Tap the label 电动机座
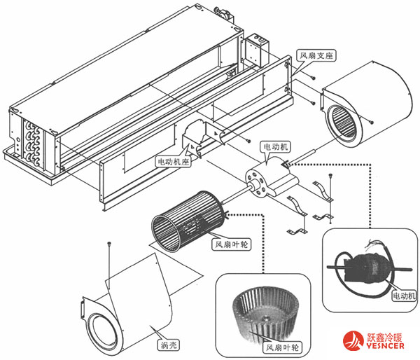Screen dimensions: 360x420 pyautogui.click(x=171, y=160)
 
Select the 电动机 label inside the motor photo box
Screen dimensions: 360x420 pyautogui.click(x=403, y=295)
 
